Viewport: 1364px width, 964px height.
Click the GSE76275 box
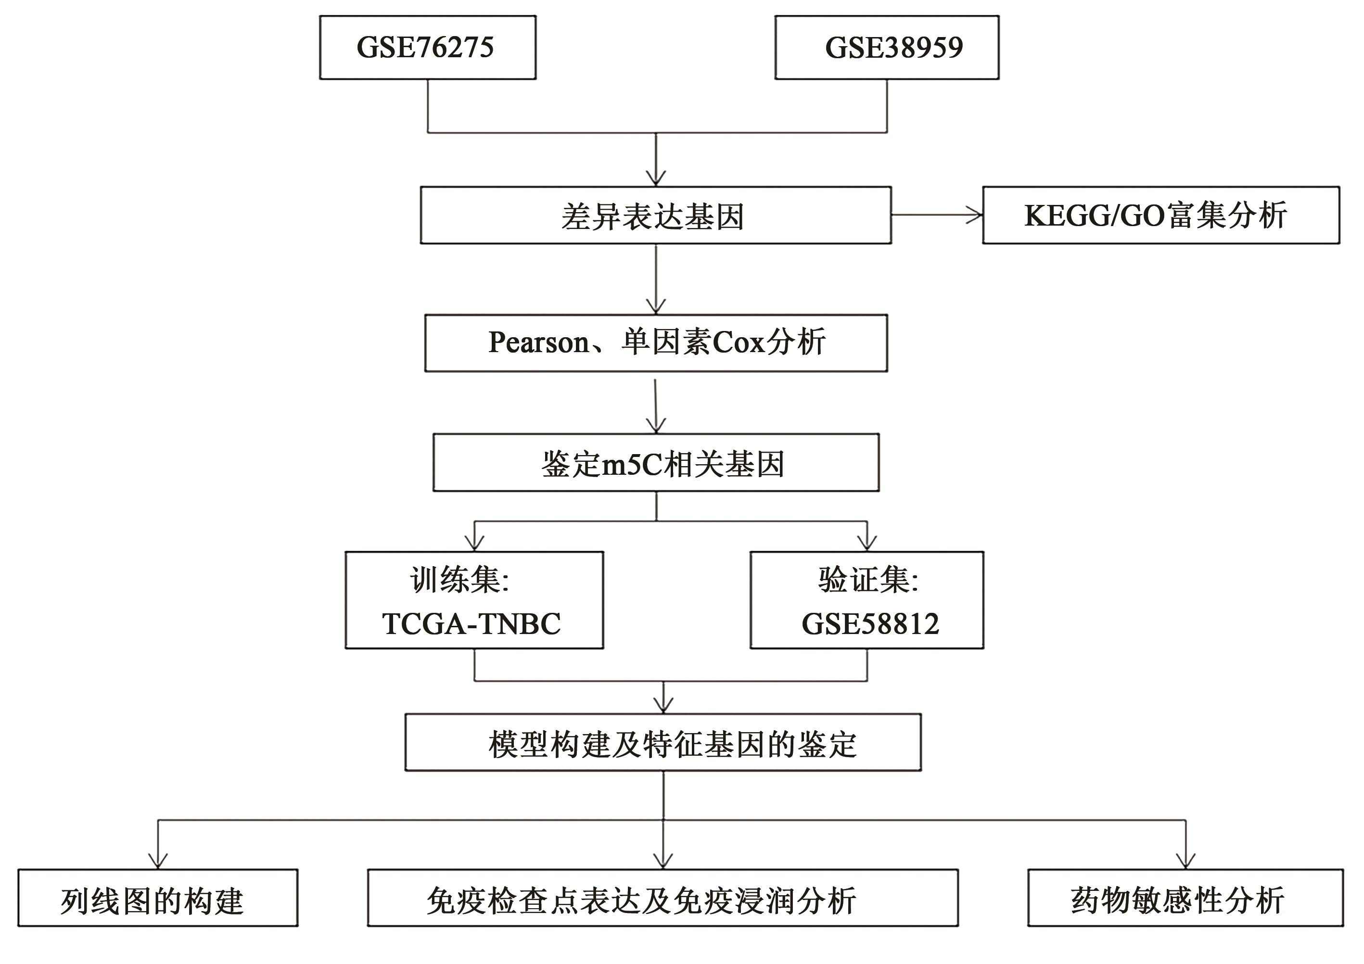click(427, 48)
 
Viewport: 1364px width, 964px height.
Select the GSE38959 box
click(886, 48)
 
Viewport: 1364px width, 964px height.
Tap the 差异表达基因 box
click(655, 216)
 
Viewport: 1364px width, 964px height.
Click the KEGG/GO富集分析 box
click(1161, 216)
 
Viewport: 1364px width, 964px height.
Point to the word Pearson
click(538, 342)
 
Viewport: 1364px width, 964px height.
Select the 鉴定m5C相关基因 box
click(656, 463)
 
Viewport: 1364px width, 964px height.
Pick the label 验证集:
click(868, 580)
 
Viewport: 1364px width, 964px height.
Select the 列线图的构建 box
click(157, 898)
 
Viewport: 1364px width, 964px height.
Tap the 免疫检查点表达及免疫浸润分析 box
click(663, 898)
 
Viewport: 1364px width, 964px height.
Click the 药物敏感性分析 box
click(1185, 898)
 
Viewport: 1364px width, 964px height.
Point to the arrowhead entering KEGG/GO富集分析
click(975, 215)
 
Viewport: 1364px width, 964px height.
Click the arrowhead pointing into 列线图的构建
click(157, 861)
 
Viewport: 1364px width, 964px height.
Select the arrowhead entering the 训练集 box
click(474, 544)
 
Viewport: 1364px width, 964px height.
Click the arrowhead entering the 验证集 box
click(867, 544)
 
